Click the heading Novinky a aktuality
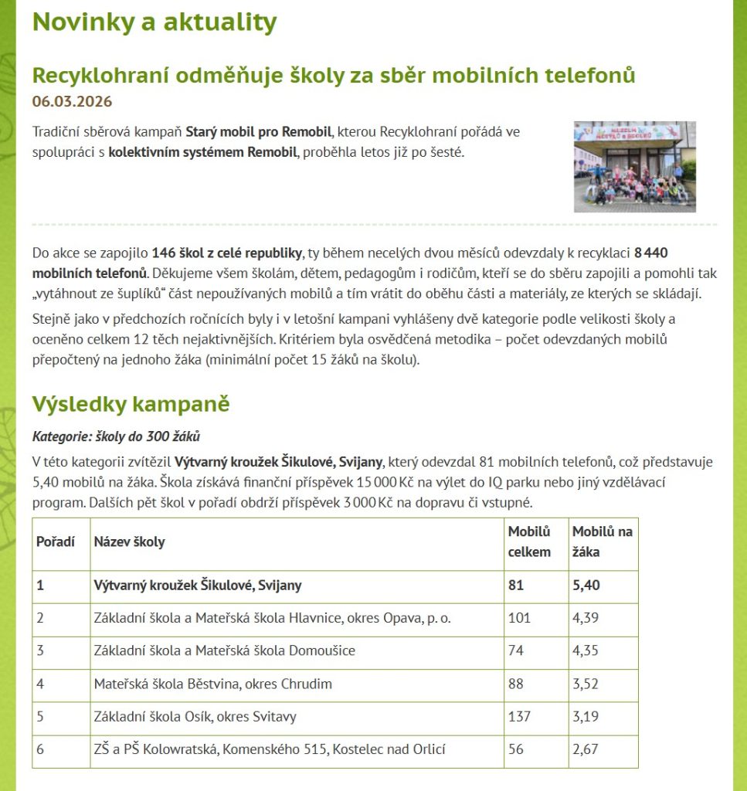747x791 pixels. click(x=154, y=22)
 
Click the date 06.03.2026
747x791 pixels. click(x=72, y=101)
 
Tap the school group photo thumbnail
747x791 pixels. click(x=634, y=166)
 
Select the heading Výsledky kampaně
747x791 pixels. click(x=131, y=404)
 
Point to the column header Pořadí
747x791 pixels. click(x=56, y=541)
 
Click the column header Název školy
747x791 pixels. click(x=129, y=541)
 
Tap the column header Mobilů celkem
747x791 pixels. click(x=529, y=541)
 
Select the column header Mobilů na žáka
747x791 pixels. click(x=602, y=541)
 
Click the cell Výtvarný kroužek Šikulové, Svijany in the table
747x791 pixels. click(x=197, y=585)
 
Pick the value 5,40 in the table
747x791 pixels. click(x=586, y=585)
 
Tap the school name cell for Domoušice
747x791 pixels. click(x=224, y=650)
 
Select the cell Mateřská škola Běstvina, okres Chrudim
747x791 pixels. click(x=212, y=684)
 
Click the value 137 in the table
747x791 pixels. click(x=519, y=716)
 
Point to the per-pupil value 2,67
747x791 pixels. click(x=585, y=749)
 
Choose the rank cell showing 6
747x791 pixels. click(x=41, y=749)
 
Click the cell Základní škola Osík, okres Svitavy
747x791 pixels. click(x=195, y=716)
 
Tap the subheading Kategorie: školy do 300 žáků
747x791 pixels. click(x=116, y=436)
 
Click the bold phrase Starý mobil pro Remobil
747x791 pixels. click(x=259, y=131)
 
